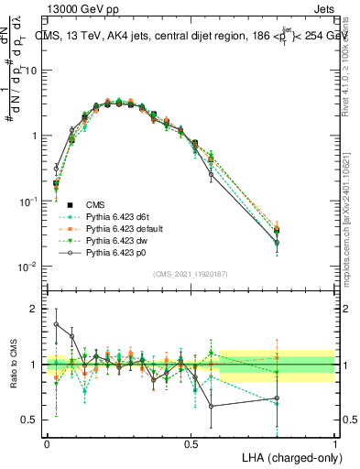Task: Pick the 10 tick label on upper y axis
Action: pyautogui.click(x=31, y=71)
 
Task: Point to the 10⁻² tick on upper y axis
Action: pyautogui.click(x=27, y=267)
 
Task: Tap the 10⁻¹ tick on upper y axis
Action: pyautogui.click(x=27, y=201)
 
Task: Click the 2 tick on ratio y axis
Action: pyautogui.click(x=35, y=309)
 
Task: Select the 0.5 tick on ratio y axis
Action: pyautogui.click(x=29, y=420)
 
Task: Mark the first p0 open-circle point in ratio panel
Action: pyautogui.click(x=57, y=324)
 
